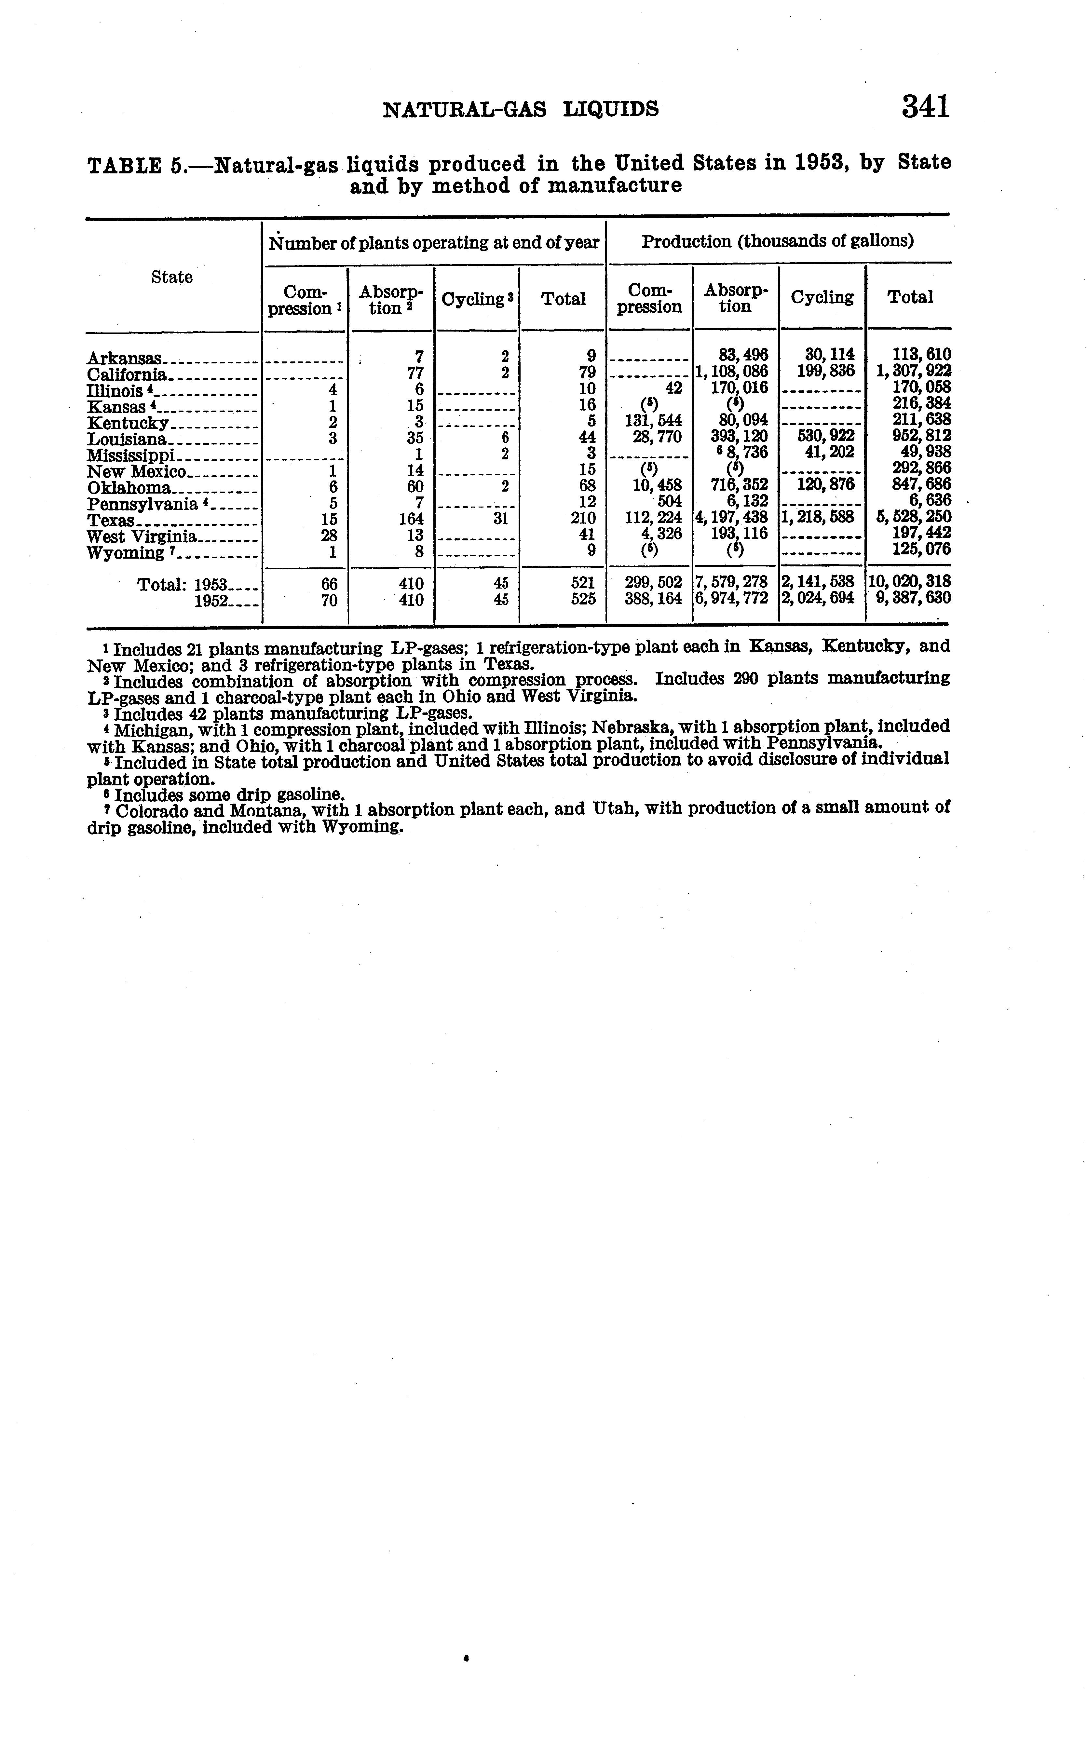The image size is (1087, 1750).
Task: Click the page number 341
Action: point(926,107)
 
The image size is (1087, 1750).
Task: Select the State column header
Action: point(172,278)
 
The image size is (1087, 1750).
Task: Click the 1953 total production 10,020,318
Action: point(910,581)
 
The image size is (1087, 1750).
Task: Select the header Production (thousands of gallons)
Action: point(777,241)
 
